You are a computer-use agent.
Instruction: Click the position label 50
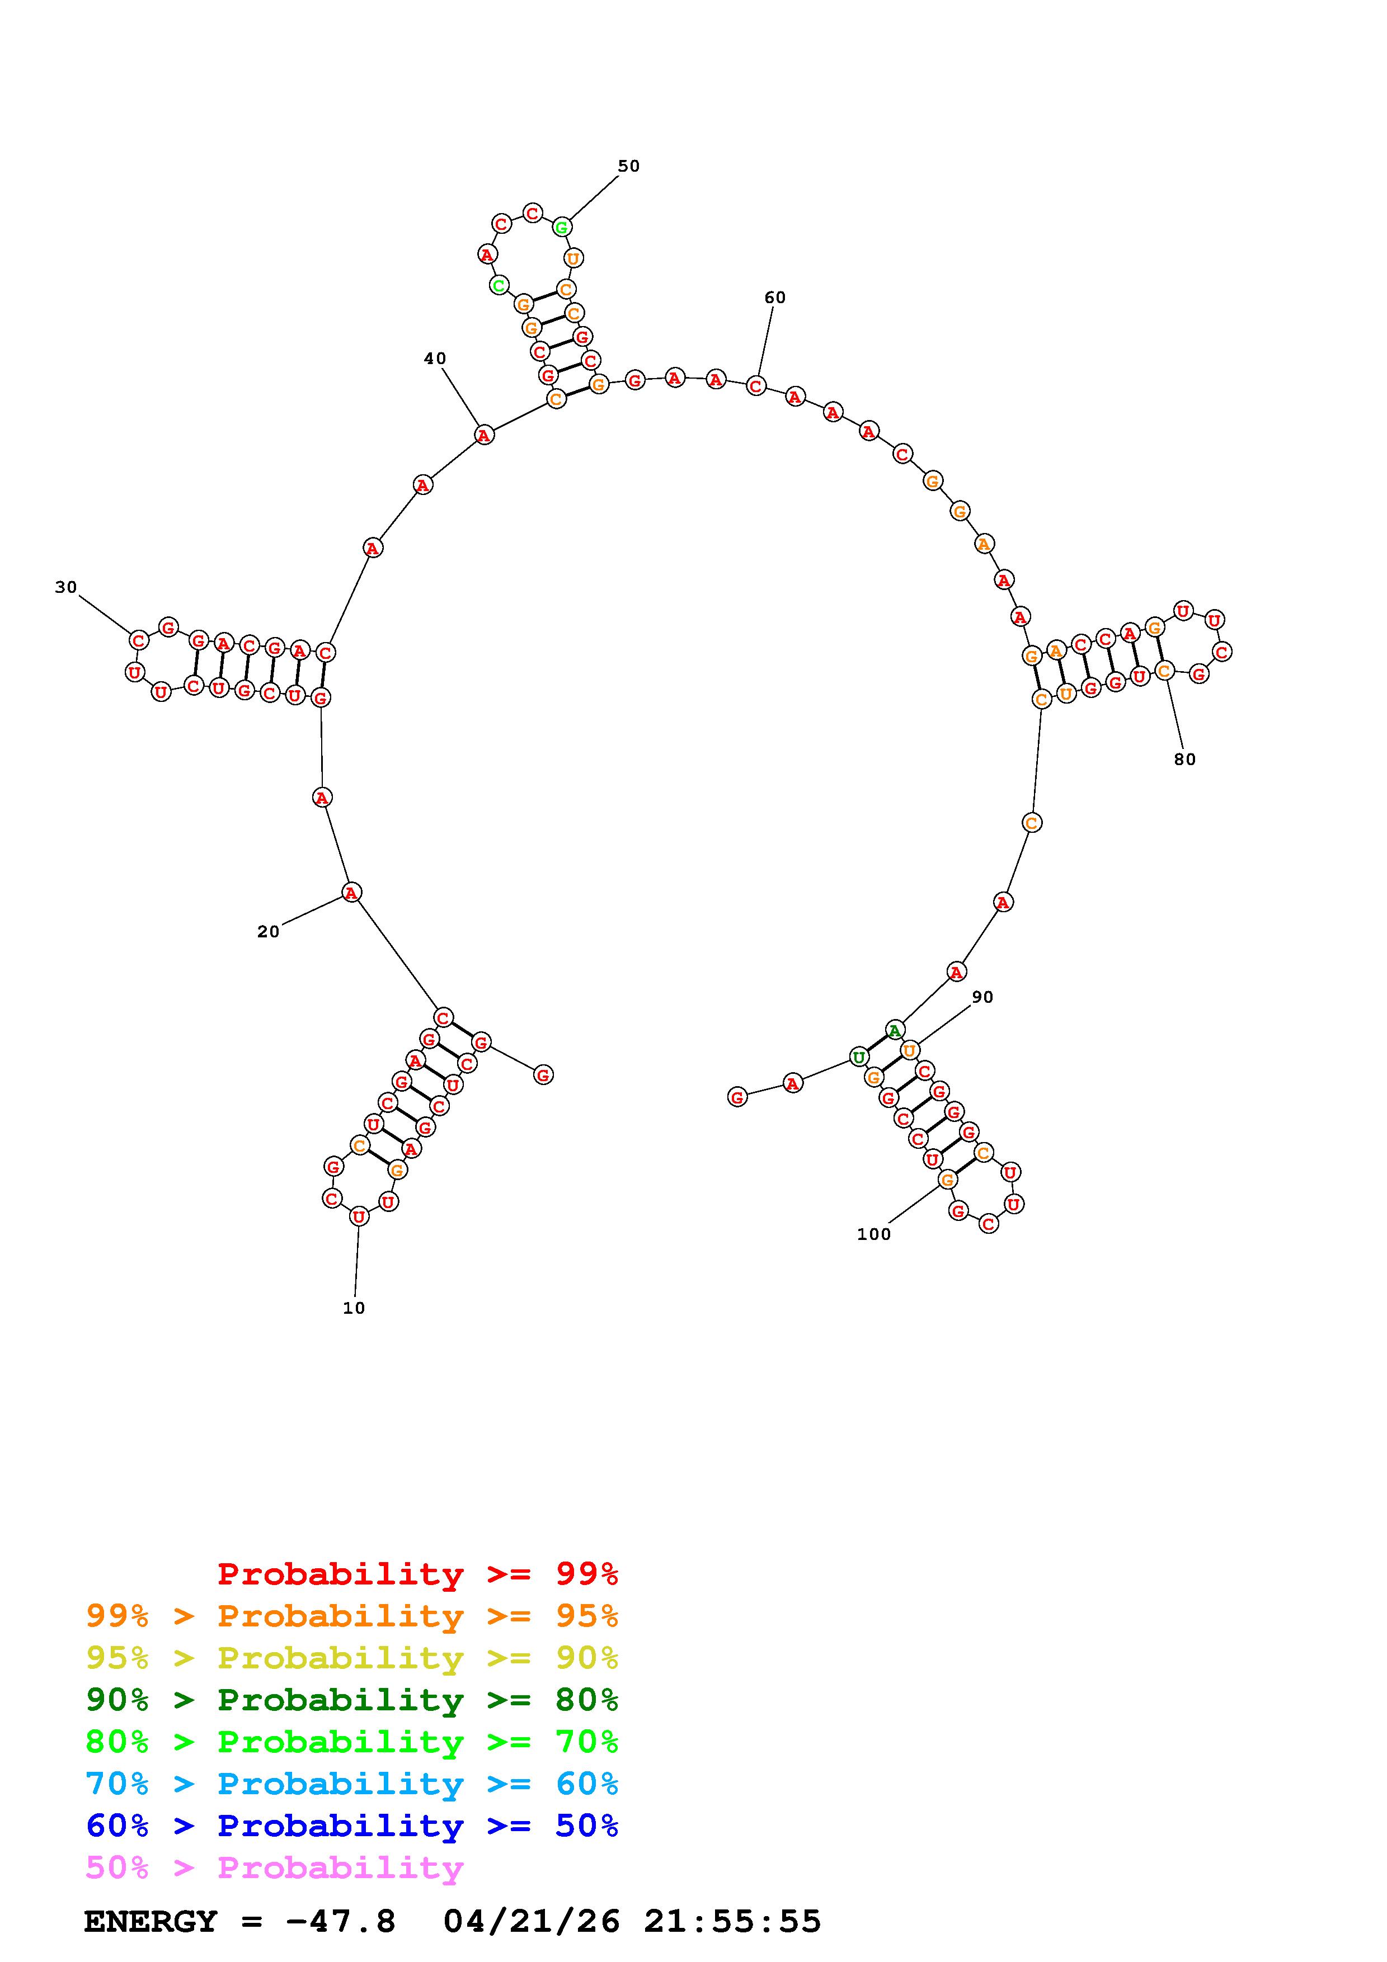click(629, 166)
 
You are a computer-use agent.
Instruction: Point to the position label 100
click(873, 1234)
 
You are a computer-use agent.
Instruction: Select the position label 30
click(66, 587)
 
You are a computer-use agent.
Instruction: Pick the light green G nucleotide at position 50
click(562, 227)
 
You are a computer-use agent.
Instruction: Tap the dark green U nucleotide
click(859, 1057)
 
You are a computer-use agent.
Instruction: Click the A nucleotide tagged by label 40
click(485, 435)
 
